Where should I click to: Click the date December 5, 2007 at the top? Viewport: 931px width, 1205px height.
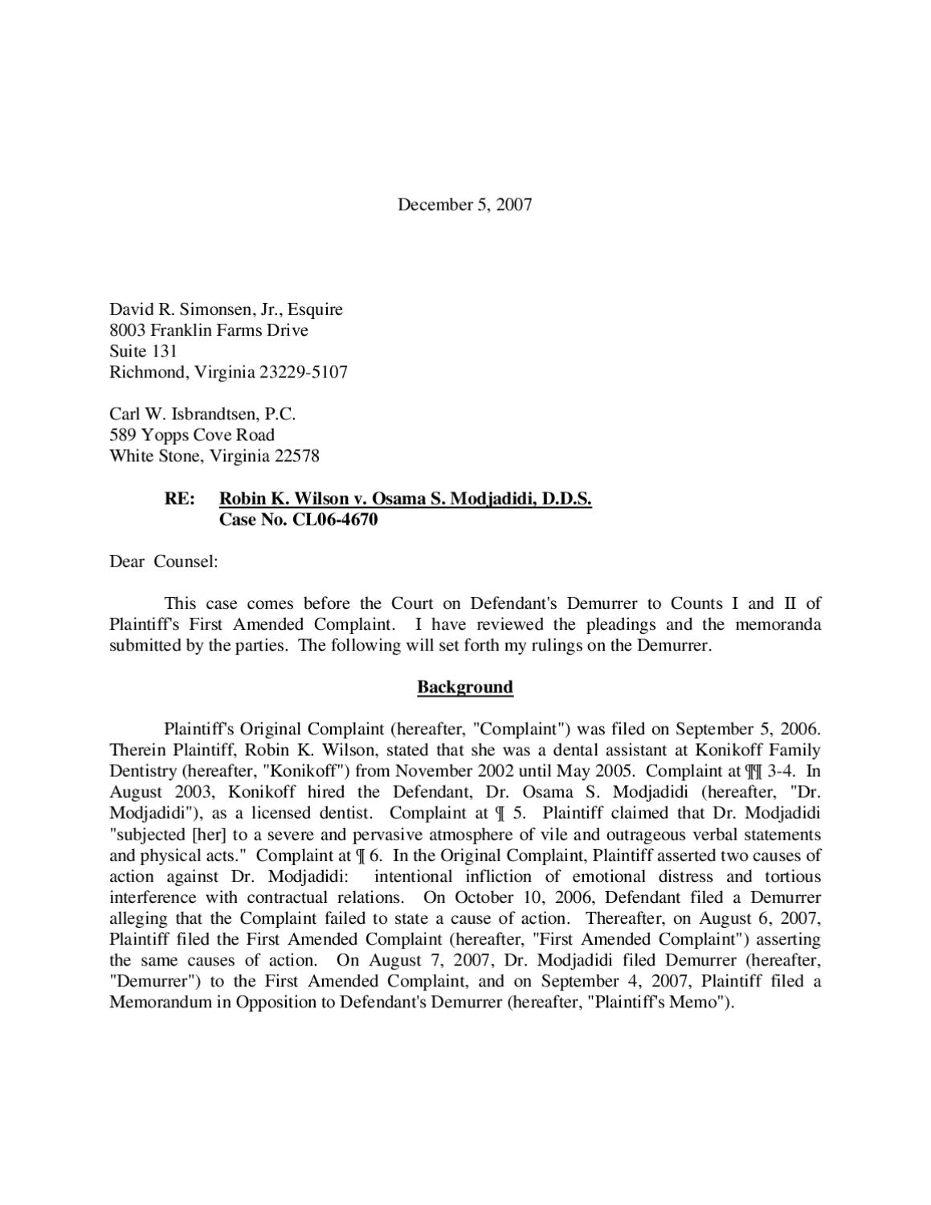[464, 204]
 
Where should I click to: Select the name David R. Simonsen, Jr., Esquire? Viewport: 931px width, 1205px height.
[226, 309]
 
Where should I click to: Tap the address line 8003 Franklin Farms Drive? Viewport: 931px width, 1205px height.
[209, 330]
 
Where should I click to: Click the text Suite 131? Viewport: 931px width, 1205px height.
[143, 351]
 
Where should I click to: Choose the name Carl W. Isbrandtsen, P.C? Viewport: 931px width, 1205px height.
[202, 415]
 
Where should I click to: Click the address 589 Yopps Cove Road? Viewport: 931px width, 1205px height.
[192, 435]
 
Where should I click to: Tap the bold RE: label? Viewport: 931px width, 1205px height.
[180, 499]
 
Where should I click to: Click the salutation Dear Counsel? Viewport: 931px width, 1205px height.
[164, 562]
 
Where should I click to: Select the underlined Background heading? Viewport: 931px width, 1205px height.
[465, 687]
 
